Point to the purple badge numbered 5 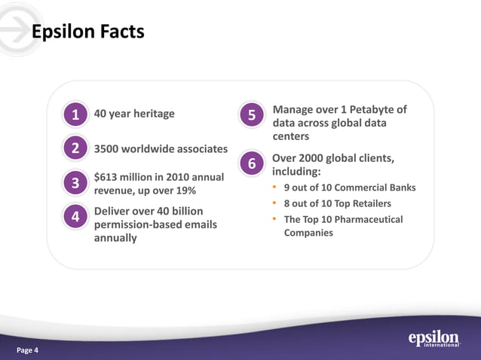251,115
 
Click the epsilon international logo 434,338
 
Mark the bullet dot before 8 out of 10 275,204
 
